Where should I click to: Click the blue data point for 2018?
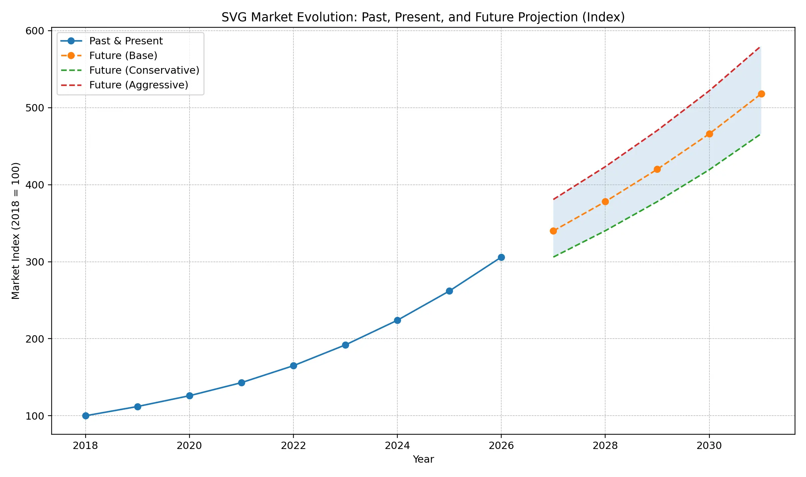point(86,416)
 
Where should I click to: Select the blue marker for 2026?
point(501,257)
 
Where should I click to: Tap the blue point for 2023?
point(345,345)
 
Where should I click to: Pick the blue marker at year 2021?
point(241,383)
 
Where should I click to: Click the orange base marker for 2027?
point(553,231)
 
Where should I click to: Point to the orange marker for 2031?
point(761,94)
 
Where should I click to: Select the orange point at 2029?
point(657,169)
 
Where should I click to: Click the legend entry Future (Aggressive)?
point(139,85)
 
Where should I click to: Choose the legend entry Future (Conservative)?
point(144,70)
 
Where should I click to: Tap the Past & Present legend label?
point(126,41)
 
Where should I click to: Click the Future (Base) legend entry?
point(123,56)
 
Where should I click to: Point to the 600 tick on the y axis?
point(35,31)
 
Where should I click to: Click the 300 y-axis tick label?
point(35,262)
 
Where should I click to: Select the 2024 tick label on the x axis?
point(397,446)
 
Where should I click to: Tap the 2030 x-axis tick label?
point(709,446)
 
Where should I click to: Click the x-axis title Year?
point(423,460)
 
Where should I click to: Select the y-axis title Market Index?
point(16,231)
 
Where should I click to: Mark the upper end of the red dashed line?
point(760,47)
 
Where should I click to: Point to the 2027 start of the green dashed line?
point(554,257)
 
